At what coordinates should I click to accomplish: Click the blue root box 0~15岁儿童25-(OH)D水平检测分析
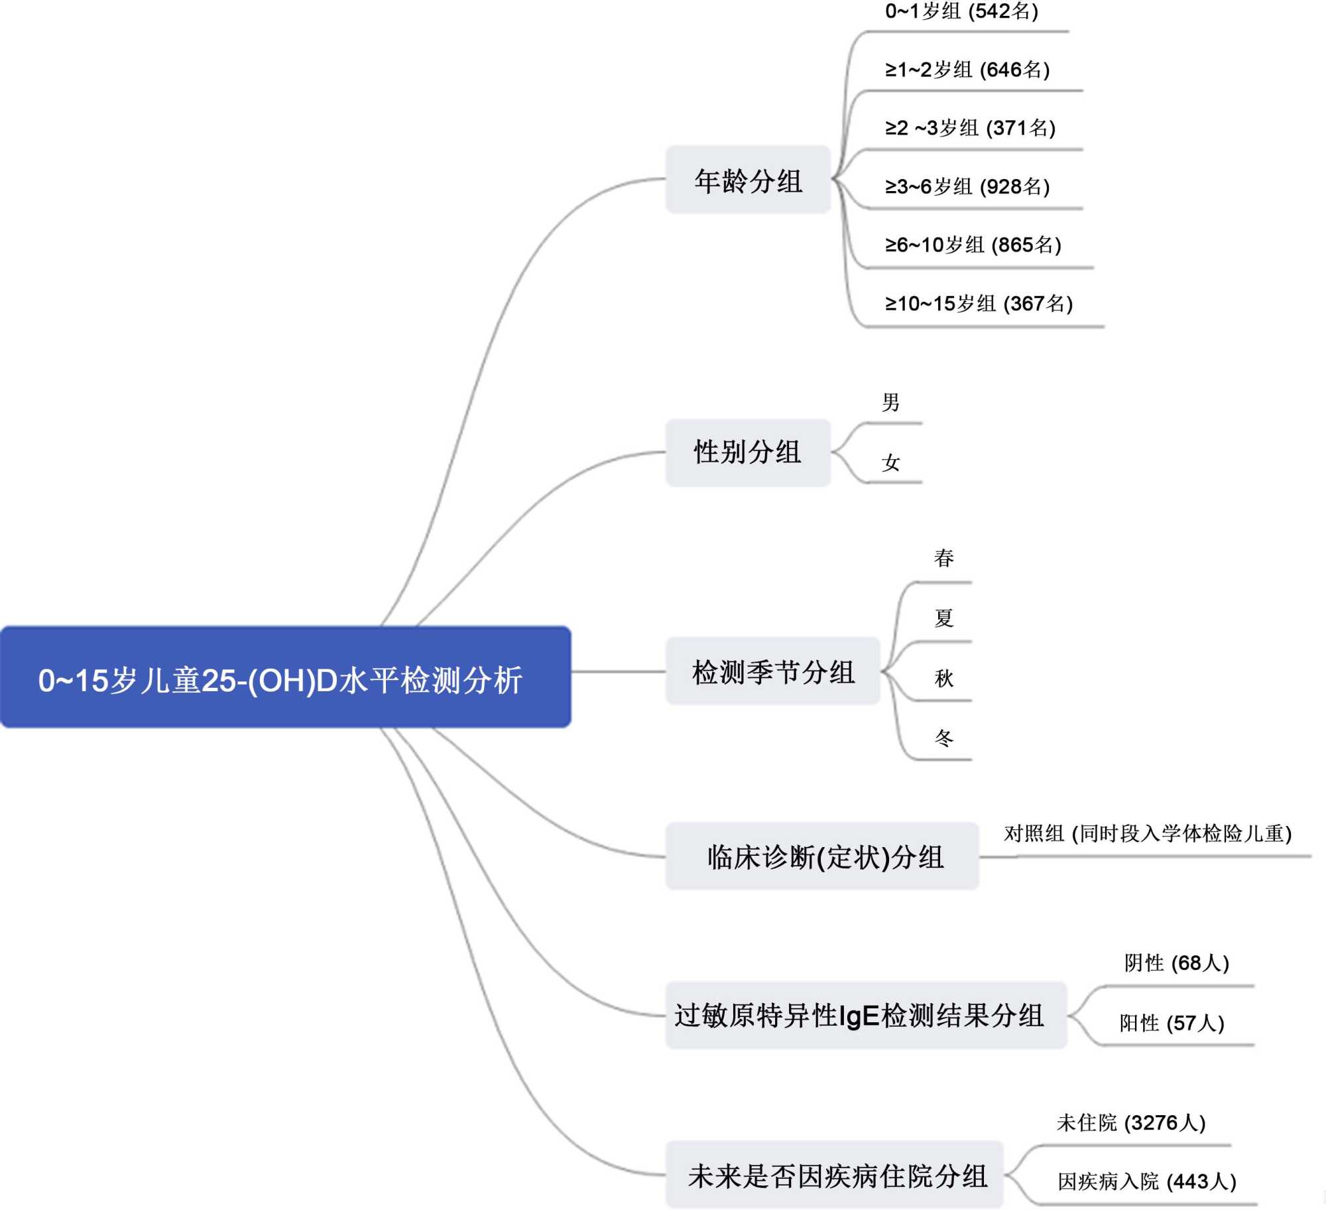[285, 677]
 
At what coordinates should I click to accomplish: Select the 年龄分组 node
[748, 180]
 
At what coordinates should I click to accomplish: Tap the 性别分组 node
[748, 452]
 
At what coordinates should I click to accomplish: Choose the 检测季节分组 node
[772, 671]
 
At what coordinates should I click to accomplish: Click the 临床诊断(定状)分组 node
[822, 856]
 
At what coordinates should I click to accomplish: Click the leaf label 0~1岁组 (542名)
[961, 11]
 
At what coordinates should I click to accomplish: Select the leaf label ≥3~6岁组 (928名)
[967, 186]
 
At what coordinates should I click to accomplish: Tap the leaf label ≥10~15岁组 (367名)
[979, 304]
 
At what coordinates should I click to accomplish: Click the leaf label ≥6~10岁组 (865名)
[973, 245]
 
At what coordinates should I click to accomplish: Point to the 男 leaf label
[890, 402]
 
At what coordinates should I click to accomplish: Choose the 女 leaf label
[890, 462]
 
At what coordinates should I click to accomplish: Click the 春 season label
[943, 558]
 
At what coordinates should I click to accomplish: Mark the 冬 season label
[943, 737]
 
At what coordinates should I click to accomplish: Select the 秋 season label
[943, 678]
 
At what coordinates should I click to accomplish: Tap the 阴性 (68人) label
[1176, 963]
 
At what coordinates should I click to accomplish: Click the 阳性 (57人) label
[1172, 1023]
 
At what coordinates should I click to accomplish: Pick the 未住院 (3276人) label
[1130, 1122]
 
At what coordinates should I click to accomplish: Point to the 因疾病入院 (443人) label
[1146, 1181]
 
